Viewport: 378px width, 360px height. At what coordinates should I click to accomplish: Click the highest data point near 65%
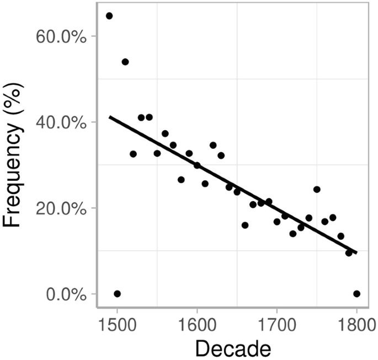pos(109,15)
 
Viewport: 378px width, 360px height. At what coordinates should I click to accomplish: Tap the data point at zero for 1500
pos(117,294)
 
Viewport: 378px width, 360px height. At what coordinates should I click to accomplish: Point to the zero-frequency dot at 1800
pos(357,294)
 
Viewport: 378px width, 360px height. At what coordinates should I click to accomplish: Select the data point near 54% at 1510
pos(125,62)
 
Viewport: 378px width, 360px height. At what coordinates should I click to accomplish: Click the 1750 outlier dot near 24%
pos(317,189)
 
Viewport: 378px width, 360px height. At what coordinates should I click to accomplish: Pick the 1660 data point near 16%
pos(245,225)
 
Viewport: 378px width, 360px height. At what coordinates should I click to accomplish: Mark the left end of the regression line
pos(109,117)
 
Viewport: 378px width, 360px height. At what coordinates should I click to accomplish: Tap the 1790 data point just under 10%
pos(349,252)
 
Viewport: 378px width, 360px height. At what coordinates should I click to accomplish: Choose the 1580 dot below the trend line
pos(181,180)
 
